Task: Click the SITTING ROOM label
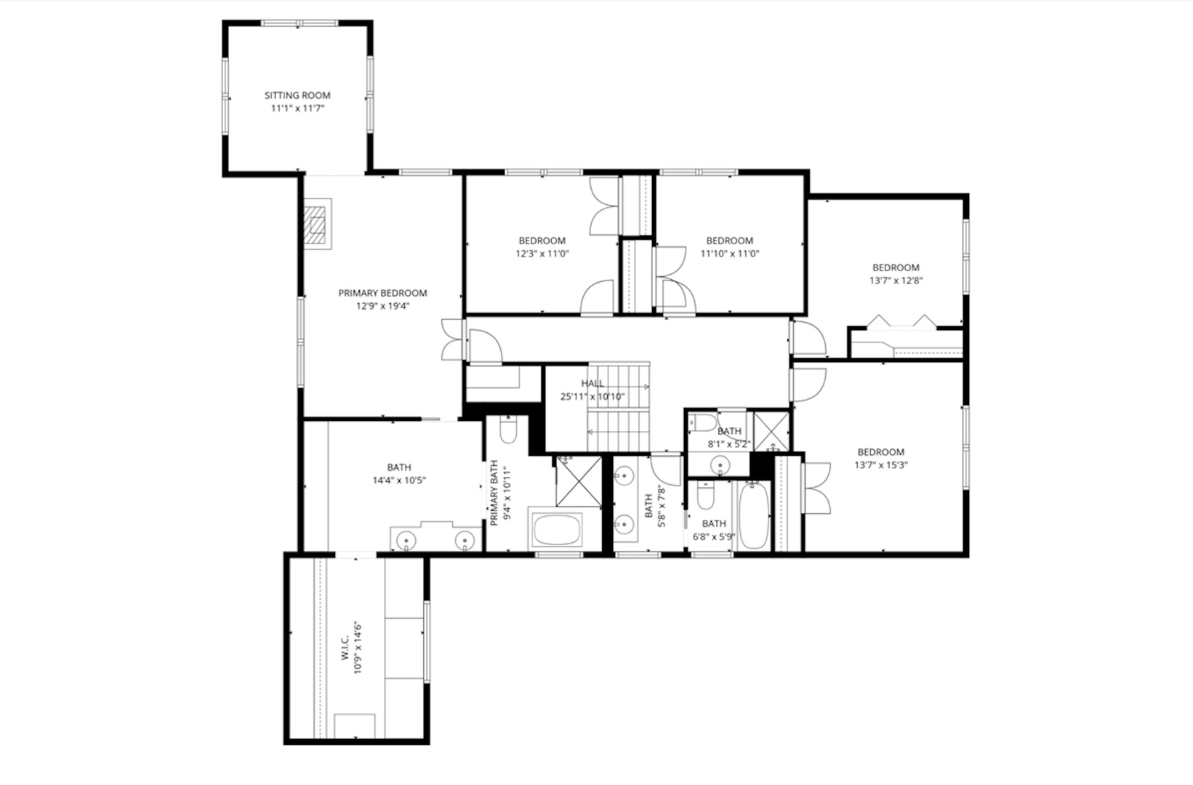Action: point(297,95)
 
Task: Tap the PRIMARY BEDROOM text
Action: point(382,293)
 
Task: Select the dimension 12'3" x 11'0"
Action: point(542,254)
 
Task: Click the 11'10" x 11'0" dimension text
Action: point(729,254)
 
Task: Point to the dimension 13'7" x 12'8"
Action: point(896,281)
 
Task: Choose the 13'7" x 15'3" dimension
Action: point(880,465)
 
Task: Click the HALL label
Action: point(592,383)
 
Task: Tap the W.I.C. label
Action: point(345,645)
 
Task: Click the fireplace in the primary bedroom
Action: point(317,224)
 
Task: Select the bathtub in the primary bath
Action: point(557,530)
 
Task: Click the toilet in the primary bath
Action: point(508,430)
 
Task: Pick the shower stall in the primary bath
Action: point(579,480)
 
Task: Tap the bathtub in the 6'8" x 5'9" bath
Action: point(752,516)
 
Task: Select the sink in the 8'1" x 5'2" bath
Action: point(720,464)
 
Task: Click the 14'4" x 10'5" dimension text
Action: point(398,480)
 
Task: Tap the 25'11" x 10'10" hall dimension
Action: point(592,397)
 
